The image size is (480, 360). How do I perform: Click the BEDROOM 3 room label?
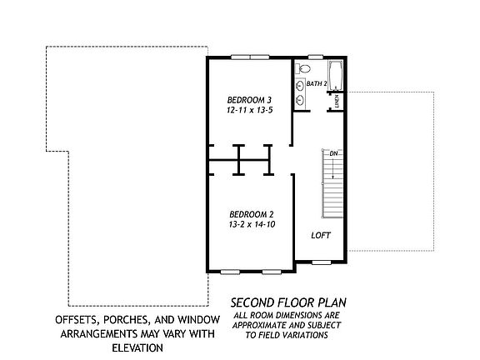[x=249, y=100]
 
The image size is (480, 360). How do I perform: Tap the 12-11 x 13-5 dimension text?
[x=249, y=110]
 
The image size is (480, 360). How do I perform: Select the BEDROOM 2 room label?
[x=252, y=214]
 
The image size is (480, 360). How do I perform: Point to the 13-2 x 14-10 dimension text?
[x=252, y=224]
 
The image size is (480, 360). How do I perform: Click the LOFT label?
[x=321, y=235]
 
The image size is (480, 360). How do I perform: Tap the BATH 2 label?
[x=317, y=83]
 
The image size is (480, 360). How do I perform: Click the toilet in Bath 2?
[x=302, y=68]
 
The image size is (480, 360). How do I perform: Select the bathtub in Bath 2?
[x=336, y=75]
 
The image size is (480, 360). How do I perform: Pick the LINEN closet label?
[x=337, y=102]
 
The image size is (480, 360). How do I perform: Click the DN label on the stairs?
[x=333, y=153]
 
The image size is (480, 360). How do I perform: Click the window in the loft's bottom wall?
[x=322, y=262]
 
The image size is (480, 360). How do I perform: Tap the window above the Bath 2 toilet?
[x=316, y=57]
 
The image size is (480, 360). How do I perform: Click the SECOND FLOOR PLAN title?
[x=288, y=302]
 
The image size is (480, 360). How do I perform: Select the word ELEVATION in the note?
[x=137, y=348]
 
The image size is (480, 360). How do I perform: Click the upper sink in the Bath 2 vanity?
[x=300, y=86]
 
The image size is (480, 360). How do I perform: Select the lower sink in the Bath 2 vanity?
[x=300, y=99]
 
